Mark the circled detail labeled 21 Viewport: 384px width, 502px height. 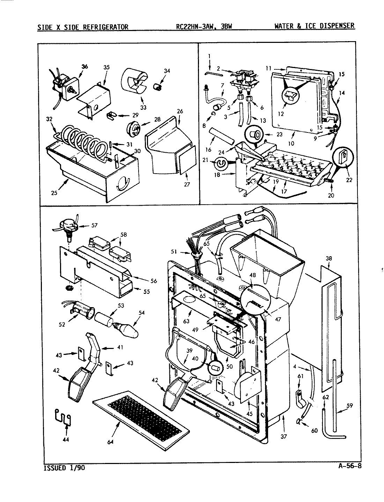(x=221, y=163)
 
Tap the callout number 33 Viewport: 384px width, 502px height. (x=143, y=107)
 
